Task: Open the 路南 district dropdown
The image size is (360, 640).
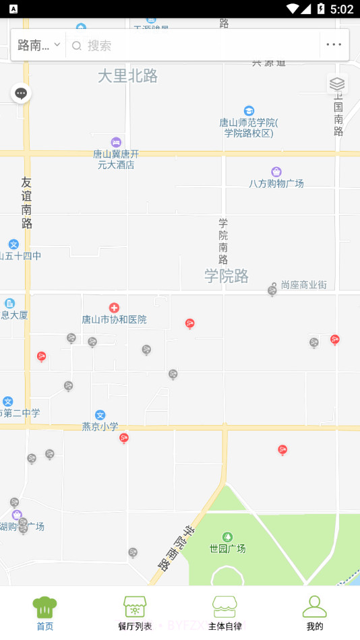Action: tap(38, 45)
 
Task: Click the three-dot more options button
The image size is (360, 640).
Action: tap(334, 45)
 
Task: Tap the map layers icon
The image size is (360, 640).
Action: tap(337, 84)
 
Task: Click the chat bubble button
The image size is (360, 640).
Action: tap(21, 94)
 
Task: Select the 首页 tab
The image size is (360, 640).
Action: tap(44, 613)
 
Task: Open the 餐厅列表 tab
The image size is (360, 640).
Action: tap(135, 613)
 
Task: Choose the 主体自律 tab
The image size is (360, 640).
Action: tap(224, 613)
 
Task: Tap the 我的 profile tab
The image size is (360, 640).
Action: tap(315, 613)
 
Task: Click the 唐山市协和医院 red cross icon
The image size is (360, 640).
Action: tap(114, 308)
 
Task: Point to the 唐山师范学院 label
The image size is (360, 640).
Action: tap(249, 127)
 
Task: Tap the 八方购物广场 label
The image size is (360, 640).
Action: tap(276, 183)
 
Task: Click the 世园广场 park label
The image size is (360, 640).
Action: tap(227, 548)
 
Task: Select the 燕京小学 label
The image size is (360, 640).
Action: tap(100, 426)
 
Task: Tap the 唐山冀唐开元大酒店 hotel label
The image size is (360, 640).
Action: tap(116, 159)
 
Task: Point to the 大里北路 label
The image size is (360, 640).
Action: tap(127, 76)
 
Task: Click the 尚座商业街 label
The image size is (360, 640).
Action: tap(303, 285)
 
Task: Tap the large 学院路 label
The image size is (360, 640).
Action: tap(227, 276)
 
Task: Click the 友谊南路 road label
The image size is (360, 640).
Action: tap(26, 202)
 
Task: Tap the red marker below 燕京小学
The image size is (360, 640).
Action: tap(124, 439)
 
